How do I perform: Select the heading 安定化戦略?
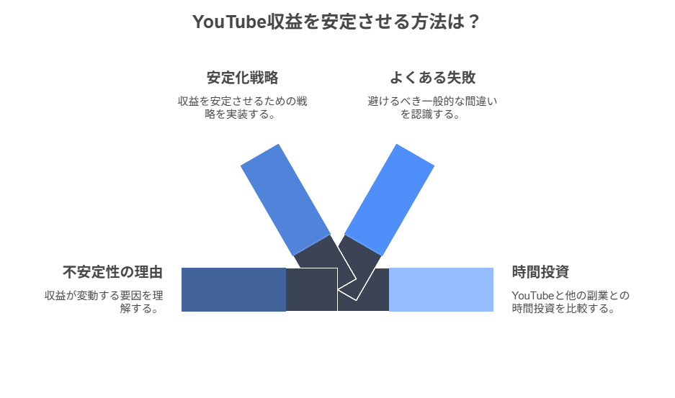coord(242,78)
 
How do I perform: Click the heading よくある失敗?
coord(432,78)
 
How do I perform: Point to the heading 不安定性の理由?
coord(112,272)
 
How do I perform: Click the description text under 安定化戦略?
coord(242,107)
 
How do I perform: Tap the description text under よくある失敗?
coord(432,107)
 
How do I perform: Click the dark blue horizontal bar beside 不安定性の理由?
coord(233,289)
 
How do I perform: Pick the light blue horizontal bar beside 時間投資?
coord(441,289)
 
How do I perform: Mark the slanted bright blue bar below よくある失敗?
coord(390,198)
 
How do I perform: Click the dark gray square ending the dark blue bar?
coord(311,289)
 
